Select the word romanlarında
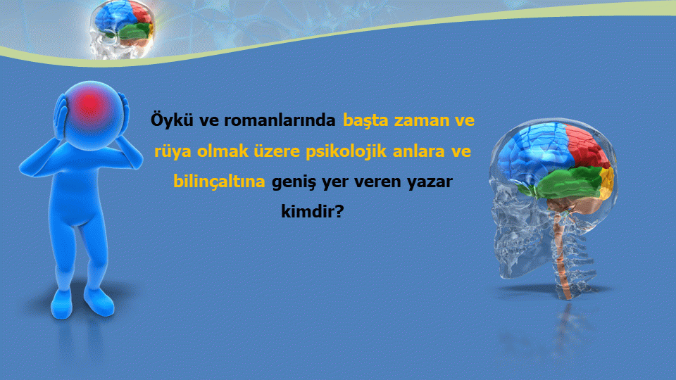280,120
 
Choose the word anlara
418,151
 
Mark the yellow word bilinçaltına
219,182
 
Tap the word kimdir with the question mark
312,211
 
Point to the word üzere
277,151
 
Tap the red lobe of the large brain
587,146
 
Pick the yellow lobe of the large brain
606,183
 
